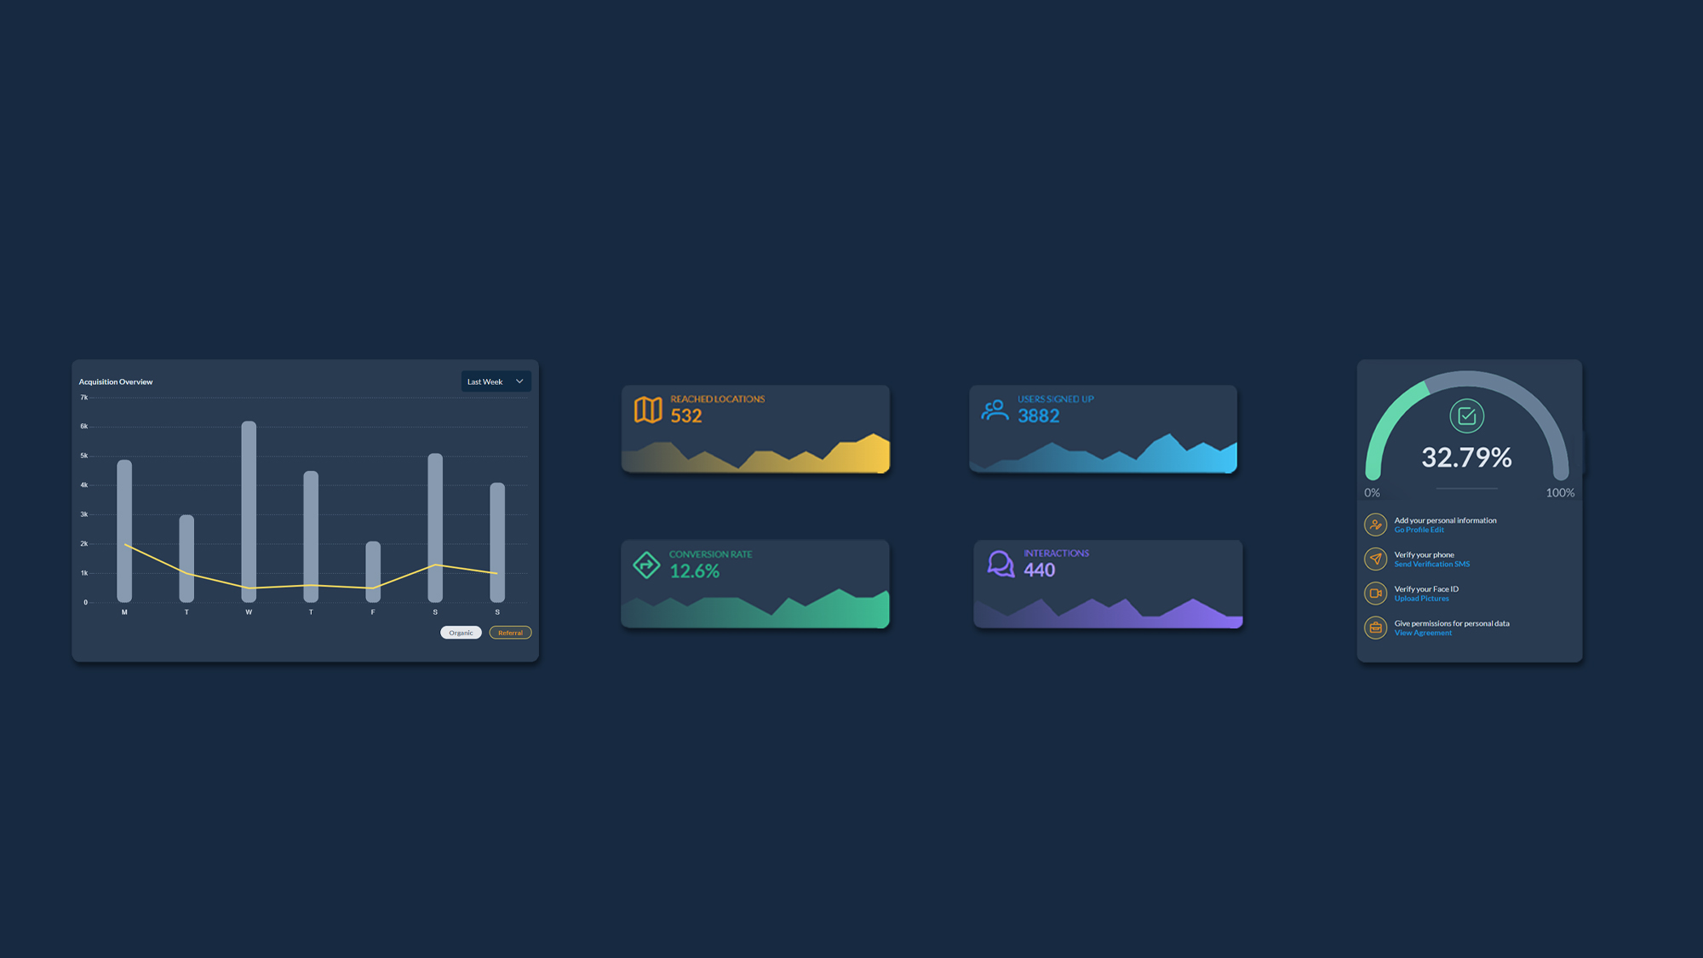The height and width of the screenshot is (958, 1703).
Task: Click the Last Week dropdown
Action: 496,381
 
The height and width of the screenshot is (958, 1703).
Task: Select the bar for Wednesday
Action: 249,512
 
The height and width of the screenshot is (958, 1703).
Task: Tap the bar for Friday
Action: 373,571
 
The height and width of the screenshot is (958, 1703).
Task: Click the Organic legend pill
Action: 461,633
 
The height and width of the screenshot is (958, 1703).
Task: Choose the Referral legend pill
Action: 510,633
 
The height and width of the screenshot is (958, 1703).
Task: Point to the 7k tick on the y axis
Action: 84,398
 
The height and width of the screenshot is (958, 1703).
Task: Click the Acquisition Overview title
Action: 116,381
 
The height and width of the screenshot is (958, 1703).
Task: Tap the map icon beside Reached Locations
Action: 648,410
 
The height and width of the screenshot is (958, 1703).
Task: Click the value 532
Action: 686,416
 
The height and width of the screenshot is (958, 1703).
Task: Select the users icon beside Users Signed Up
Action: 995,410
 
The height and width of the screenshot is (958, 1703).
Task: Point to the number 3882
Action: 1039,416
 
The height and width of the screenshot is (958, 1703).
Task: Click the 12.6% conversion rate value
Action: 695,571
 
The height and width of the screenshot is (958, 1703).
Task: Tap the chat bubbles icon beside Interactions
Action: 1001,564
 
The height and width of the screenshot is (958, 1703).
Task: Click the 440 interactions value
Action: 1040,570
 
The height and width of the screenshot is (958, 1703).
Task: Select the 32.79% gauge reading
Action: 1466,457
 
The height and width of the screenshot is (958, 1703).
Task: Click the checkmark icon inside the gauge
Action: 1466,416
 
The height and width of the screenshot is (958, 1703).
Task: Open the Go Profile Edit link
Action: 1419,530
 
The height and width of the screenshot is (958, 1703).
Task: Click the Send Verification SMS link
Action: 1431,564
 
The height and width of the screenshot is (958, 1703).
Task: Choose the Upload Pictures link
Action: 1421,599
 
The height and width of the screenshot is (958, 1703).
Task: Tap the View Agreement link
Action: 1423,633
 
